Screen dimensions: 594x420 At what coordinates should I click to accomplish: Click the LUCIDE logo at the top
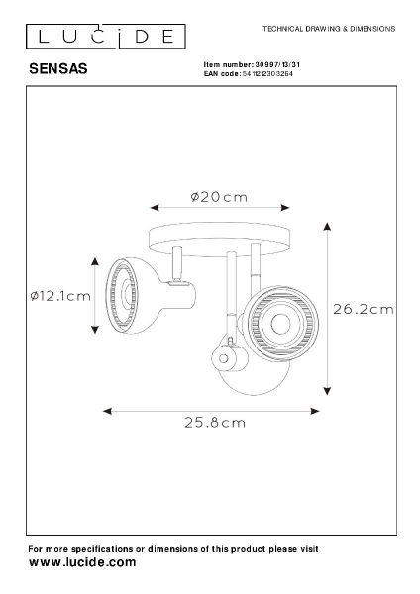pos(103,38)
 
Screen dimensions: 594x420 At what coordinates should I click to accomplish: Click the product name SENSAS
pos(58,69)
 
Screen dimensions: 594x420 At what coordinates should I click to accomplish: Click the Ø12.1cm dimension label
pos(59,296)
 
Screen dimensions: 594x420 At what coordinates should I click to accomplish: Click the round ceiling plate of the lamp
pos(218,238)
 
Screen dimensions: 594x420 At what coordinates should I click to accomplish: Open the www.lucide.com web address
pos(82,561)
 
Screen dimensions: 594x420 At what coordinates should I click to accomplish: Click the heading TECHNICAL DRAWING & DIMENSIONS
pos(328,30)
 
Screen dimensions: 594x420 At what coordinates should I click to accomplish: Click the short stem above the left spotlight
pos(178,264)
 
